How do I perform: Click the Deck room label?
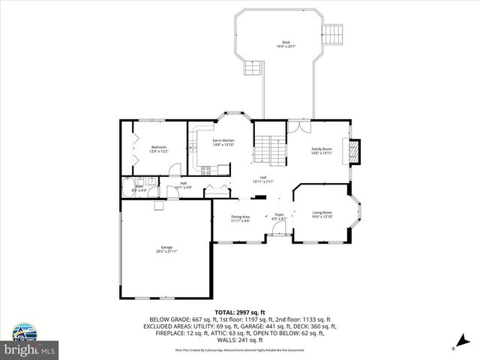coord(286,44)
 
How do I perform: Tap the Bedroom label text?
coord(158,148)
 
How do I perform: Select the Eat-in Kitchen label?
coord(223,142)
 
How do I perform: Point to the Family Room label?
coord(322,151)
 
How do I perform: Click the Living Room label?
coord(322,214)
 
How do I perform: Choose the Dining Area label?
coord(240,218)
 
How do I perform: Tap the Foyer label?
coord(278,217)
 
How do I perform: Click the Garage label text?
coord(166,249)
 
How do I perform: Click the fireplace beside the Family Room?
coord(355,151)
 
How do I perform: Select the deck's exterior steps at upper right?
coord(333,34)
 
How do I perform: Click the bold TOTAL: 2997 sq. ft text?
coord(239,311)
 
